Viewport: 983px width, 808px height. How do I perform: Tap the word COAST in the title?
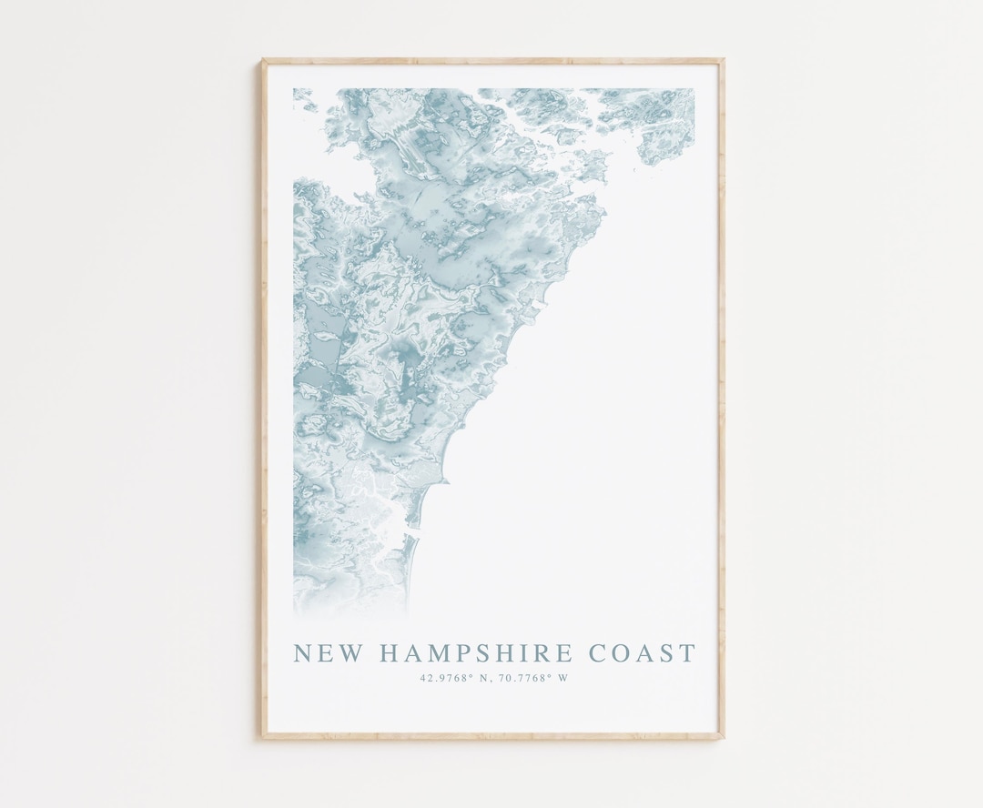pos(643,653)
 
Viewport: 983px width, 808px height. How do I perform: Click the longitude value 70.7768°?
pos(522,677)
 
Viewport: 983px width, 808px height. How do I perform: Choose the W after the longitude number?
pos(563,677)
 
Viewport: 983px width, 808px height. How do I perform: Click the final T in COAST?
pos(687,653)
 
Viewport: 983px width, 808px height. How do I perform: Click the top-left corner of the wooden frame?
pos(263,61)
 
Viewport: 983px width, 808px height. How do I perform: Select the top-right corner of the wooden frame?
pos(723,61)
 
